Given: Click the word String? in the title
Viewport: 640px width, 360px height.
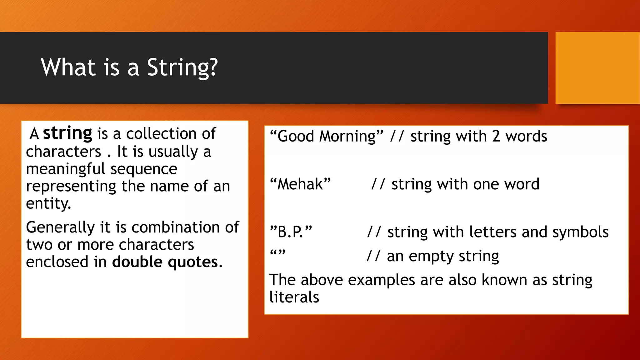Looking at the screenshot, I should (182, 67).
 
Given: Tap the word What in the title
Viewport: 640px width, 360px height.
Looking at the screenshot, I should (68, 67).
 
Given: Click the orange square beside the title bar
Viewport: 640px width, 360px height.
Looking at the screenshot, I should (597, 67).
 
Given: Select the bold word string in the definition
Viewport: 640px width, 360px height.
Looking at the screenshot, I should (67, 133).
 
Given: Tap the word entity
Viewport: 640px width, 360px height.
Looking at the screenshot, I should (48, 204).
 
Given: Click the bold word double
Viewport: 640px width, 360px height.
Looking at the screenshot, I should (137, 262).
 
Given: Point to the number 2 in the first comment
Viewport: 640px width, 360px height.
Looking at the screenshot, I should (496, 137).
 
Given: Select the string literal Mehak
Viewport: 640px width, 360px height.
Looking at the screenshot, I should (300, 184).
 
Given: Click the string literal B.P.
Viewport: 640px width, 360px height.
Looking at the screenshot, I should (291, 232).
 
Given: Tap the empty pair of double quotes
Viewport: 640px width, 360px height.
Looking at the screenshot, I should (277, 252).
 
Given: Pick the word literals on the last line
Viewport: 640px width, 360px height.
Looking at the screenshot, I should (294, 297).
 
